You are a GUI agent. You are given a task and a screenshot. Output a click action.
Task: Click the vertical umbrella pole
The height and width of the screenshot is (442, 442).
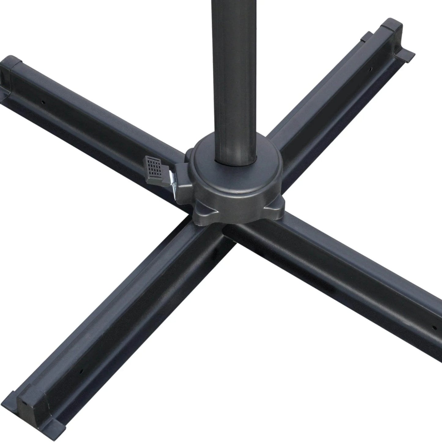tap(234, 76)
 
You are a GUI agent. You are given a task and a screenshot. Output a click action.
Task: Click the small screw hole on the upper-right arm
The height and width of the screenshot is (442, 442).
tap(371, 69)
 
